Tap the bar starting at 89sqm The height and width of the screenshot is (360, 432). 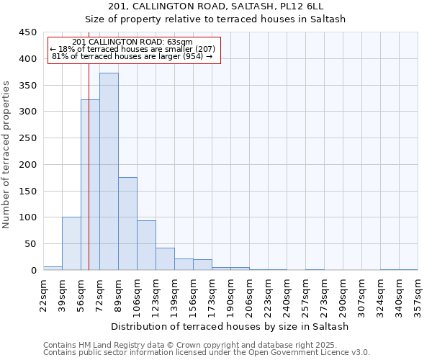pyautogui.click(x=127, y=223)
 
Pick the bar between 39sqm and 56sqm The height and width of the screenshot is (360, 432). pyautogui.click(x=71, y=243)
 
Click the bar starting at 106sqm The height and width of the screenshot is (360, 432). pyautogui.click(x=146, y=245)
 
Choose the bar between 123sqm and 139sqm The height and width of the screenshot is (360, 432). pyautogui.click(x=165, y=258)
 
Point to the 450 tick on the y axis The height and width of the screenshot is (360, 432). pyautogui.click(x=27, y=32)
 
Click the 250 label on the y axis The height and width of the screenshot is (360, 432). pyautogui.click(x=27, y=138)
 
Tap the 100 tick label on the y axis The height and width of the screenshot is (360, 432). pyautogui.click(x=27, y=217)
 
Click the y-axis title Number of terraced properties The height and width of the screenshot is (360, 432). pyautogui.click(x=7, y=155)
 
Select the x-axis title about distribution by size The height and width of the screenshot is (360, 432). pyautogui.click(x=230, y=326)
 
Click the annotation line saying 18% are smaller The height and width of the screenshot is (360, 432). pyautogui.click(x=132, y=49)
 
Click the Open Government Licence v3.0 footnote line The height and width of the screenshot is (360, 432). pyautogui.click(x=207, y=353)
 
